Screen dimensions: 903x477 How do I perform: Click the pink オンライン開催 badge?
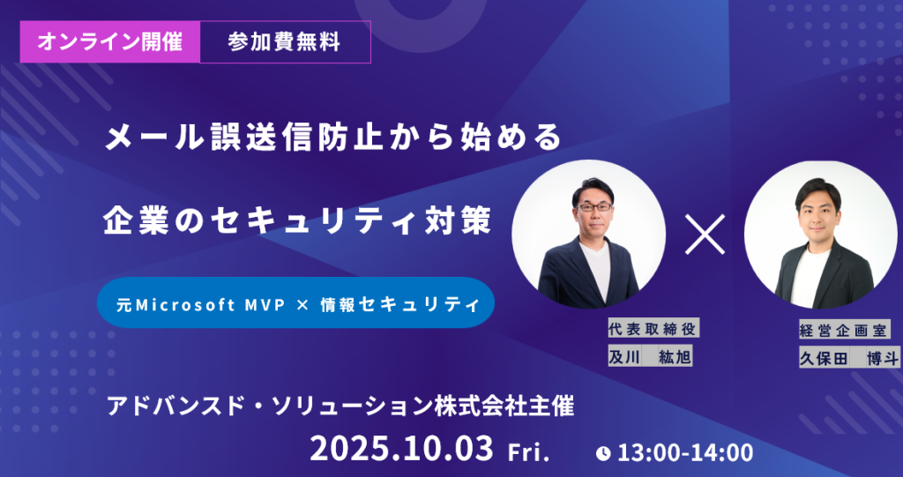point(110,42)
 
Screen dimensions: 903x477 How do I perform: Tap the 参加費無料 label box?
point(285,42)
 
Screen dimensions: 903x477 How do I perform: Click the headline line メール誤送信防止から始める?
point(332,138)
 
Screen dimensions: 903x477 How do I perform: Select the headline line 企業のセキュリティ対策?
point(297,221)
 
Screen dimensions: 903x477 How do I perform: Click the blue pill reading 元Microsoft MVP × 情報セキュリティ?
point(296,303)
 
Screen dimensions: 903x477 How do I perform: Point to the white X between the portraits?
point(705,235)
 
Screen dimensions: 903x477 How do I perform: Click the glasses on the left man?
point(593,206)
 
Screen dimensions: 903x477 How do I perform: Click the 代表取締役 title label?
point(653,329)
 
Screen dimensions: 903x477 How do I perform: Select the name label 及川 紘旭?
point(650,357)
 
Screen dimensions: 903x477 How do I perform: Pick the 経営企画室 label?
point(845,330)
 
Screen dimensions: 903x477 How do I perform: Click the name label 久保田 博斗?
point(849,358)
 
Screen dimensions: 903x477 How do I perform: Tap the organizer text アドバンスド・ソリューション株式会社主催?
point(341,407)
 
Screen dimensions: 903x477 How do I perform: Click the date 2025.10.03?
point(401,448)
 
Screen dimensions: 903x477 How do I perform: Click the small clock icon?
point(603,454)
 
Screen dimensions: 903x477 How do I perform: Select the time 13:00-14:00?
point(685,453)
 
